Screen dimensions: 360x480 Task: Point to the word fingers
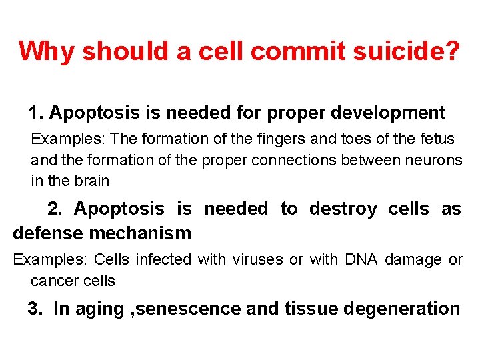tap(259, 139)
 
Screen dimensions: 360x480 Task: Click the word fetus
tap(436, 139)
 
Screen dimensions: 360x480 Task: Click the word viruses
tap(261, 259)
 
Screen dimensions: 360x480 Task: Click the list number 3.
tap(33, 309)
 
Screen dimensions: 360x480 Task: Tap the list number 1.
tap(34, 113)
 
